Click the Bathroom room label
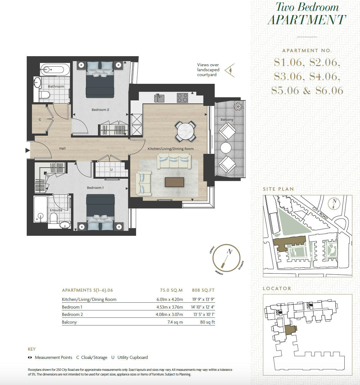(56, 86)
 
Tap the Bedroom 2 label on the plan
(100, 110)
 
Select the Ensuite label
(56, 210)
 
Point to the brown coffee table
(174, 182)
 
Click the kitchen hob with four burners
(182, 98)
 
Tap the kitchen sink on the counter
(159, 98)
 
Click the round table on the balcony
(226, 148)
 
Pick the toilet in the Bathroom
(44, 95)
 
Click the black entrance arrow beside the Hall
(28, 150)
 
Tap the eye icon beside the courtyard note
(230, 70)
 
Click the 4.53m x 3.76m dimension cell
(170, 307)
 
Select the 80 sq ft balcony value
(207, 322)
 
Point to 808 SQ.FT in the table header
(203, 290)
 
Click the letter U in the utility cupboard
(112, 169)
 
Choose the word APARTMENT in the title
(307, 20)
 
